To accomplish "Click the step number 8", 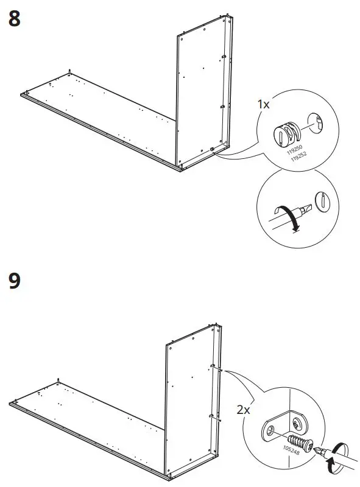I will [x=15, y=19].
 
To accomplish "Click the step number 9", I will [x=15, y=281].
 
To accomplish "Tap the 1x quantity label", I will [x=263, y=105].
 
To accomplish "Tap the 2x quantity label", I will [x=244, y=410].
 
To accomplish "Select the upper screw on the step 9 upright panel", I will [x=214, y=366].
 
